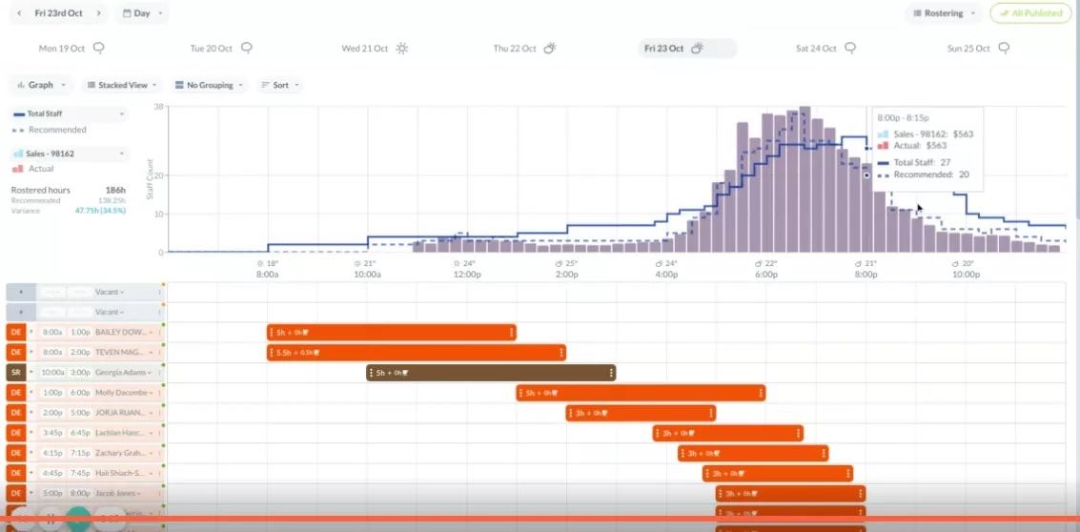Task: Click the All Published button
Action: (1029, 13)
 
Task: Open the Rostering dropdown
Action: (944, 13)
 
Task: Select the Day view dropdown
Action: (142, 13)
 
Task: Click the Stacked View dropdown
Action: (123, 85)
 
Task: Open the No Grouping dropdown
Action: (209, 85)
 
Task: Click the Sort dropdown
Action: (280, 85)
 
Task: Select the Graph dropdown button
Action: (42, 85)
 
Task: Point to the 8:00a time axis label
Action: (268, 275)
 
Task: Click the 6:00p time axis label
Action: (766, 275)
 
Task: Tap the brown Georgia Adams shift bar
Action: (491, 372)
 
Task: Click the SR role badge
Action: (15, 372)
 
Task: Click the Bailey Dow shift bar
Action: (391, 332)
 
